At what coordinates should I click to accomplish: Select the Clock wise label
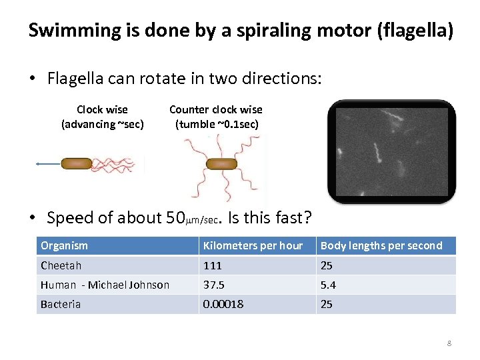pyautogui.click(x=102, y=109)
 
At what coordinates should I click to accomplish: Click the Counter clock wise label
pyautogui.click(x=216, y=109)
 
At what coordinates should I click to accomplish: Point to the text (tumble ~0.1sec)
pyautogui.click(x=217, y=124)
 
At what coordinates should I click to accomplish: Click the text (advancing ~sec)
pyautogui.click(x=102, y=124)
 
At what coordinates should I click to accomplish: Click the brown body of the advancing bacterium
pyautogui.click(x=76, y=163)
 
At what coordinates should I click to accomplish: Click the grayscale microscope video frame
pyautogui.click(x=392, y=152)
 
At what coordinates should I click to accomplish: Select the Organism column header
pyautogui.click(x=64, y=246)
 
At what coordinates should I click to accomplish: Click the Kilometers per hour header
pyautogui.click(x=253, y=246)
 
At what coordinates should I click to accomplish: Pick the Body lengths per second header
pyautogui.click(x=381, y=246)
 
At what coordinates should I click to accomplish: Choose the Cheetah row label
pyautogui.click(x=61, y=265)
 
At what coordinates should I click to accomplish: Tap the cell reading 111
pyautogui.click(x=213, y=265)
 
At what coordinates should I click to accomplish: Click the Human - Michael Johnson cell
pyautogui.click(x=105, y=285)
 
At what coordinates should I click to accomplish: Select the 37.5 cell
pyautogui.click(x=214, y=285)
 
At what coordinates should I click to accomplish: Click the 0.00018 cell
pyautogui.click(x=223, y=304)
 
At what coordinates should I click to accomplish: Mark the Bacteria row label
pyautogui.click(x=61, y=304)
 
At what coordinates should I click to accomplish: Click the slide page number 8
pyautogui.click(x=449, y=343)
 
